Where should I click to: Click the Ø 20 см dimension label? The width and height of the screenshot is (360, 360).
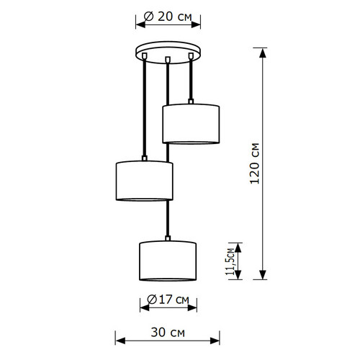[168, 17]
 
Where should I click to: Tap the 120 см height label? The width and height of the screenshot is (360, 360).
[255, 163]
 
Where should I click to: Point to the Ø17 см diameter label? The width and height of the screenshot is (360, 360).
[168, 300]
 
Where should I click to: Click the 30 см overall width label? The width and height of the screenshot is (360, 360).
[168, 333]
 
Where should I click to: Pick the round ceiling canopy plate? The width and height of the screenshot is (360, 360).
[168, 52]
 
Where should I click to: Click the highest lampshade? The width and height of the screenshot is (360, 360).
[191, 124]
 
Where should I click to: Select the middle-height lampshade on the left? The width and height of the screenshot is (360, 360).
[145, 181]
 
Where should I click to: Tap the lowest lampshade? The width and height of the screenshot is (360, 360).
[168, 261]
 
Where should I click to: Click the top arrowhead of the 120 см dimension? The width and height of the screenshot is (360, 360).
[263, 53]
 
